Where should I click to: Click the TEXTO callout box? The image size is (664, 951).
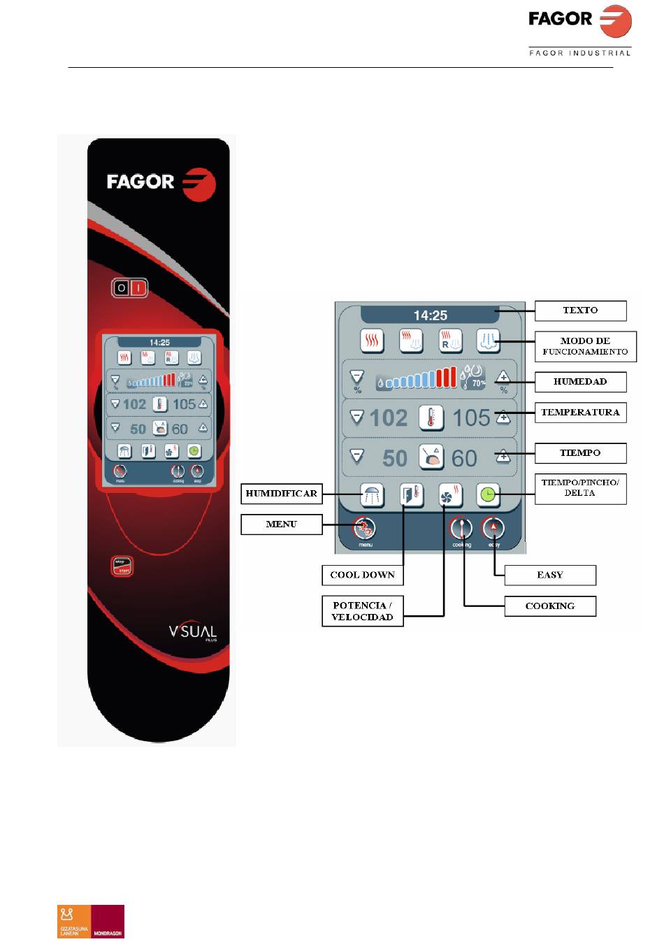580,310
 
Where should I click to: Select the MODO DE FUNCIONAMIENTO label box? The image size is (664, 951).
585,346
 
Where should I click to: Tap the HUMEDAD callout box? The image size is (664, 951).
580,382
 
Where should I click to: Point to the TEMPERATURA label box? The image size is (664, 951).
580,413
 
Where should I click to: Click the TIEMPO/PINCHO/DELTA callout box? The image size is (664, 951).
580,487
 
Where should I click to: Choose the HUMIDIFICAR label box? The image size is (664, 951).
282,494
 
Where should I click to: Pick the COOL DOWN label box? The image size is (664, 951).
362,575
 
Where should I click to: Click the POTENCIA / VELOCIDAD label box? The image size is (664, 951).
362,611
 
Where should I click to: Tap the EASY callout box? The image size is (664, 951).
550,575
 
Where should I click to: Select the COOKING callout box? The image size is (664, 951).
550,606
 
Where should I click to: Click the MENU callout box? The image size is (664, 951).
282,524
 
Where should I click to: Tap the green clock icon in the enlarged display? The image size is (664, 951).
489,496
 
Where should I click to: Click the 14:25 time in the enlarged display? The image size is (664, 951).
431,315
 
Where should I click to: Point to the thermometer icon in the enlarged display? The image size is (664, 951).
431,418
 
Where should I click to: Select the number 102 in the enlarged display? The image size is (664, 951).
388,418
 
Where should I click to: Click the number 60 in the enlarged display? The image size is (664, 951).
464,459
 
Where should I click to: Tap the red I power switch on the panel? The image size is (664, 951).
138,288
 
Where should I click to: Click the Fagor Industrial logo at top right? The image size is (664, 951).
580,29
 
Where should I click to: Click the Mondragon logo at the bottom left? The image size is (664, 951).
91,921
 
